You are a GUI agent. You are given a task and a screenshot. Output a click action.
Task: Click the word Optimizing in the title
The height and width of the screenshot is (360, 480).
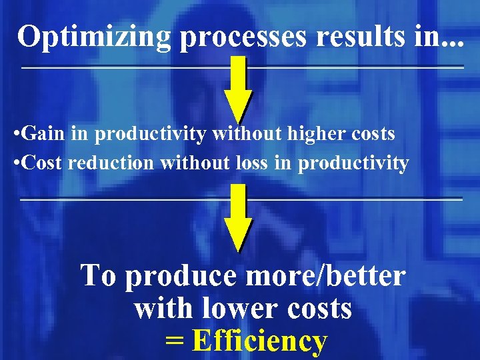click(x=95, y=36)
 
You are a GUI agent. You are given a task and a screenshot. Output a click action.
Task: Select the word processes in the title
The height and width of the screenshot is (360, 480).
click(x=244, y=37)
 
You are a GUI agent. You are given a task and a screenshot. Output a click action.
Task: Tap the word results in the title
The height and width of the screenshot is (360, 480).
click(x=357, y=36)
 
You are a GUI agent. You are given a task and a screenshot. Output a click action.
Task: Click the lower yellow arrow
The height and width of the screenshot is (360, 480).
click(x=238, y=217)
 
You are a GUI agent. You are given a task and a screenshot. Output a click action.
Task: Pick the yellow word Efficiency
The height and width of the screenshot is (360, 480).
click(x=260, y=341)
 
